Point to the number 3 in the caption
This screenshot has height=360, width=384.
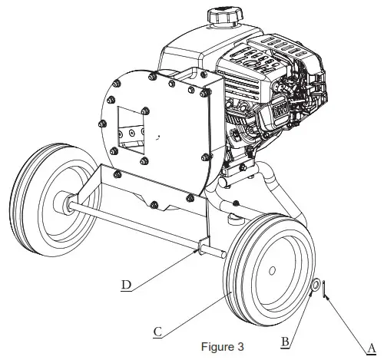coord(240,347)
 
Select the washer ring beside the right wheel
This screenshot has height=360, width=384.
coord(316,287)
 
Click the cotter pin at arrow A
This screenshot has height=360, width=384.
coord(326,289)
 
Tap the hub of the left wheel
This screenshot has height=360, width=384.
coord(59,204)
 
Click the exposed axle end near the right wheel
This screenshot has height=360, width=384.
coord(217,253)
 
